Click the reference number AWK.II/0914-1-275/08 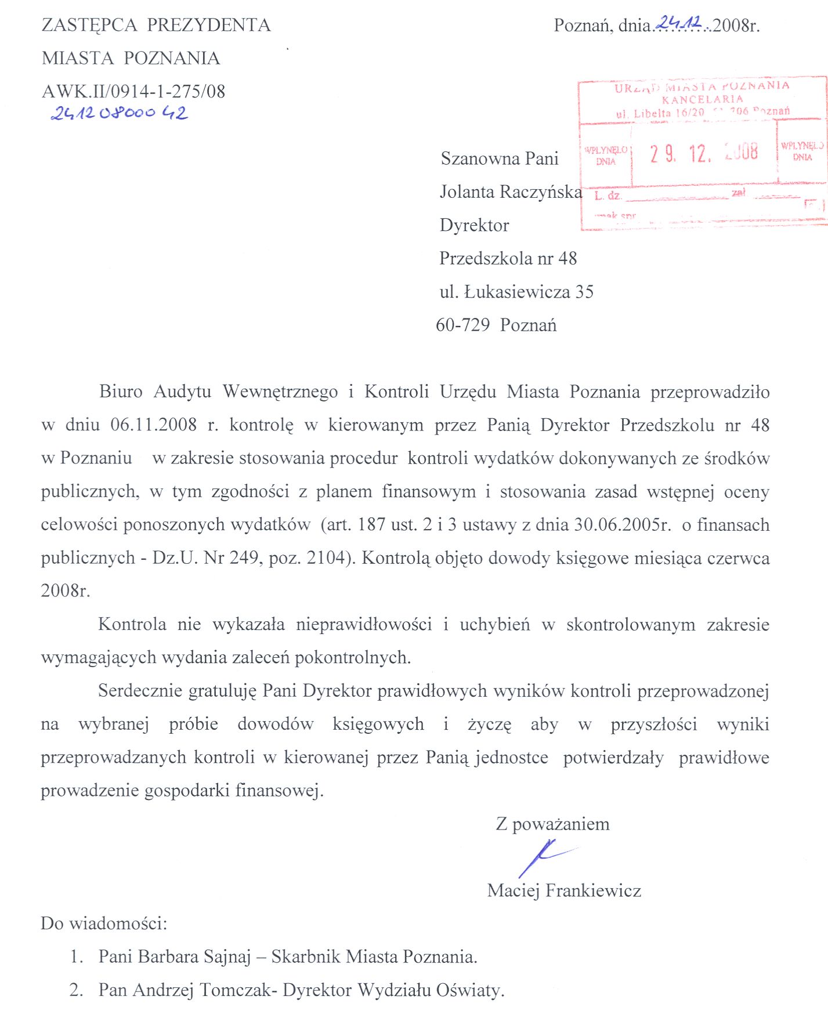133,91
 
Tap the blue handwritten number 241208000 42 119,113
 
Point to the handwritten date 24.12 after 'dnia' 679,23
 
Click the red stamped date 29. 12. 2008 703,153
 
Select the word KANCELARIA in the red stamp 702,99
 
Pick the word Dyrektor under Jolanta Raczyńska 474,225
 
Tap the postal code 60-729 462,325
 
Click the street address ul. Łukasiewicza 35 516,292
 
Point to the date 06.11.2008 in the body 154,425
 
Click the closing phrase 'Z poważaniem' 552,824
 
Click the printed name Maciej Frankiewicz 564,890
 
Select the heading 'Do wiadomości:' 104,924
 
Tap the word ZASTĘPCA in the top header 89,25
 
